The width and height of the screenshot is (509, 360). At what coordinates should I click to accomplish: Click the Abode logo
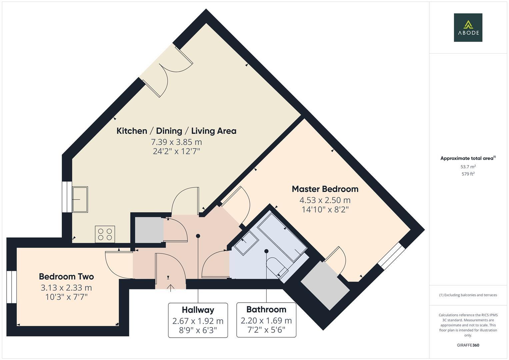pos(468,27)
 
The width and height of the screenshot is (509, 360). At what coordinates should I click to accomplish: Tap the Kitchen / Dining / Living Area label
pos(176,131)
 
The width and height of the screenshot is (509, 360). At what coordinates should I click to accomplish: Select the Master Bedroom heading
pos(325,189)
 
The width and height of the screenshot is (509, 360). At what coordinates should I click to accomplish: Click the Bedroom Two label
pos(66,277)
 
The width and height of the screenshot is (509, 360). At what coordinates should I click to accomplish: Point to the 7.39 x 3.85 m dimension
pos(176,142)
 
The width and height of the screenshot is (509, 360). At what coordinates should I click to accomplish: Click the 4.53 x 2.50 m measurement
pos(325,200)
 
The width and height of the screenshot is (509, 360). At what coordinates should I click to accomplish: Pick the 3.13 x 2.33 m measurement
pos(66,287)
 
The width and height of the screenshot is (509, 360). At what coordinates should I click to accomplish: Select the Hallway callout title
pos(198,310)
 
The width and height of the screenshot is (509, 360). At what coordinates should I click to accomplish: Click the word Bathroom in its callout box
pos(266,309)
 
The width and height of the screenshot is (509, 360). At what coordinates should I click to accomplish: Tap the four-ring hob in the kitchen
pos(105,234)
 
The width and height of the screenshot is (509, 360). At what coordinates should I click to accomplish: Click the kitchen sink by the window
pos(80,199)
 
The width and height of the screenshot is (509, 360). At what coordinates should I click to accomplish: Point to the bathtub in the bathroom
pos(282,236)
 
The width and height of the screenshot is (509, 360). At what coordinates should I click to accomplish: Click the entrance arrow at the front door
pos(170,287)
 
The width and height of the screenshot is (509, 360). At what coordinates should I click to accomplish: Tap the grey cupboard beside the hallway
pos(149,230)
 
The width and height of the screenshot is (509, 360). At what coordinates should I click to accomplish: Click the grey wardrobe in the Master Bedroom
pos(325,285)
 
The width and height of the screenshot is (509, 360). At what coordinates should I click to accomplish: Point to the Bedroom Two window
pos(12,287)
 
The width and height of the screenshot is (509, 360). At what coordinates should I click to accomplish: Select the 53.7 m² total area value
pos(468,167)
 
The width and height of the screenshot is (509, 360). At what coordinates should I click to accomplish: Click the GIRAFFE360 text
pos(468,345)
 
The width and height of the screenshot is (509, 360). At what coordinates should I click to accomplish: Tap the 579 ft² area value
pos(468,174)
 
